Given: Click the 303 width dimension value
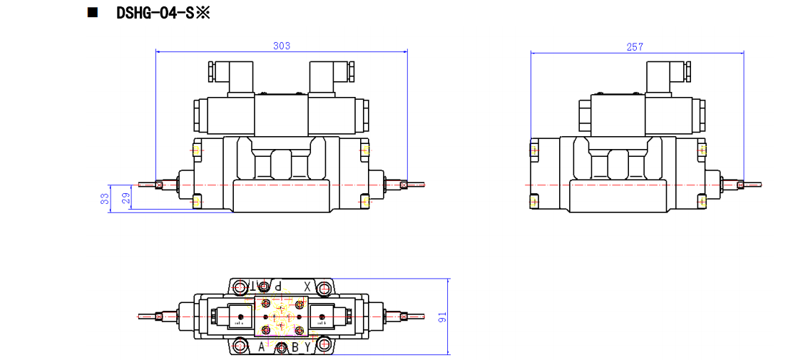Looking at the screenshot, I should click(282, 46).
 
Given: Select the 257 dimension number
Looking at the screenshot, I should click(635, 47).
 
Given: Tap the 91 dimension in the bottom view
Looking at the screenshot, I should click(442, 316).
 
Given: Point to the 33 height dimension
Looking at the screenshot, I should click(105, 198).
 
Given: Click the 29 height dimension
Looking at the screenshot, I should click(127, 197).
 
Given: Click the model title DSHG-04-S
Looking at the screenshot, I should click(163, 13).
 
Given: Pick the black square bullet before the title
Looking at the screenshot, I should click(92, 13).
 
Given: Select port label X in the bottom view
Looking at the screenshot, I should click(307, 286).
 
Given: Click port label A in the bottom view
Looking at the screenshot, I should click(262, 346).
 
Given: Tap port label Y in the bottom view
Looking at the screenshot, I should click(307, 346).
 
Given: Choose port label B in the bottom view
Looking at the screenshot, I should click(295, 347).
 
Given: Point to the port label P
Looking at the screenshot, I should click(279, 286).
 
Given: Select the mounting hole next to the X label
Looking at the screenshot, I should click(324, 287).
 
